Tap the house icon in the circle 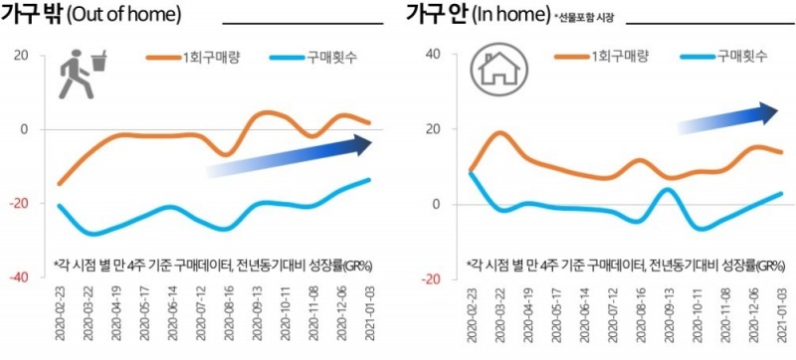click(494, 73)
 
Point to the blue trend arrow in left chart click(289, 157)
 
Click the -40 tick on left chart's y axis click(18, 278)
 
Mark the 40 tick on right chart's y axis click(432, 54)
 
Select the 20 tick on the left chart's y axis click(21, 54)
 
